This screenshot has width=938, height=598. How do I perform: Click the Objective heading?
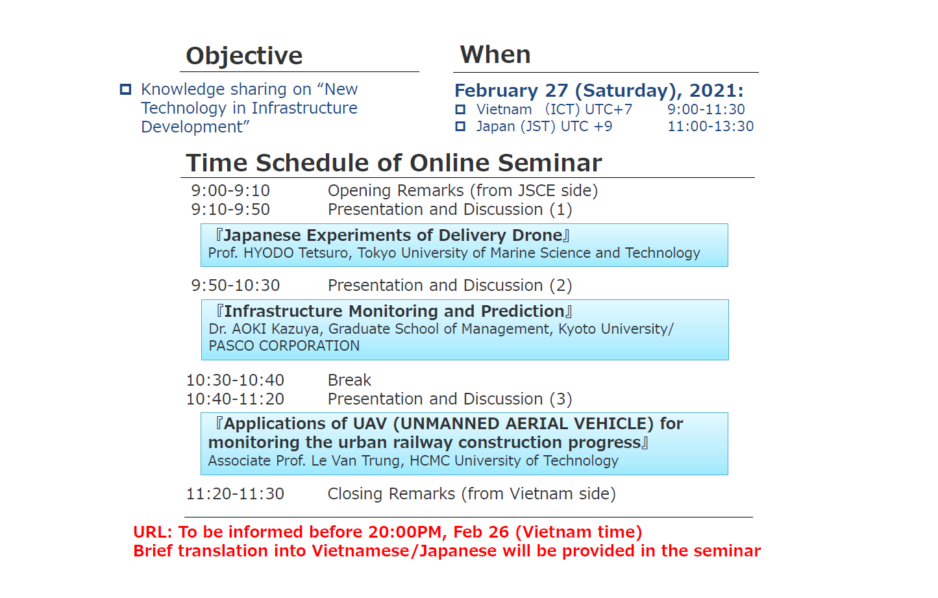244,56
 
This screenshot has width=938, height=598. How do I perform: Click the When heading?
495,55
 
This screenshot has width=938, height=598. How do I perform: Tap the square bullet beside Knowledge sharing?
126,89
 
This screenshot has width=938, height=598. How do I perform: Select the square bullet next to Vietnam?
460,109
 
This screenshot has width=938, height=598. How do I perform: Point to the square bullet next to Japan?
460,126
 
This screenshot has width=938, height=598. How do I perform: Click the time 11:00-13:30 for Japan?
711,126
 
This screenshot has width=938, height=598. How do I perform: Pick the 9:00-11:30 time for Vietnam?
706,109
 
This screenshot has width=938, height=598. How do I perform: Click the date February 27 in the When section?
512,90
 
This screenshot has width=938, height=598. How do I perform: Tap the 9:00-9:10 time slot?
230,190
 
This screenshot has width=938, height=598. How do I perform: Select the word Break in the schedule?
349,380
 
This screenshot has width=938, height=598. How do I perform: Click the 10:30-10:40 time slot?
236,380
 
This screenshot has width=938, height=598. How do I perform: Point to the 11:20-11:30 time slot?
236,493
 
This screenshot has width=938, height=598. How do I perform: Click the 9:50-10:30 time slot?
236,285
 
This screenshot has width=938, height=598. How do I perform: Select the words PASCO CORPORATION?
284,346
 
